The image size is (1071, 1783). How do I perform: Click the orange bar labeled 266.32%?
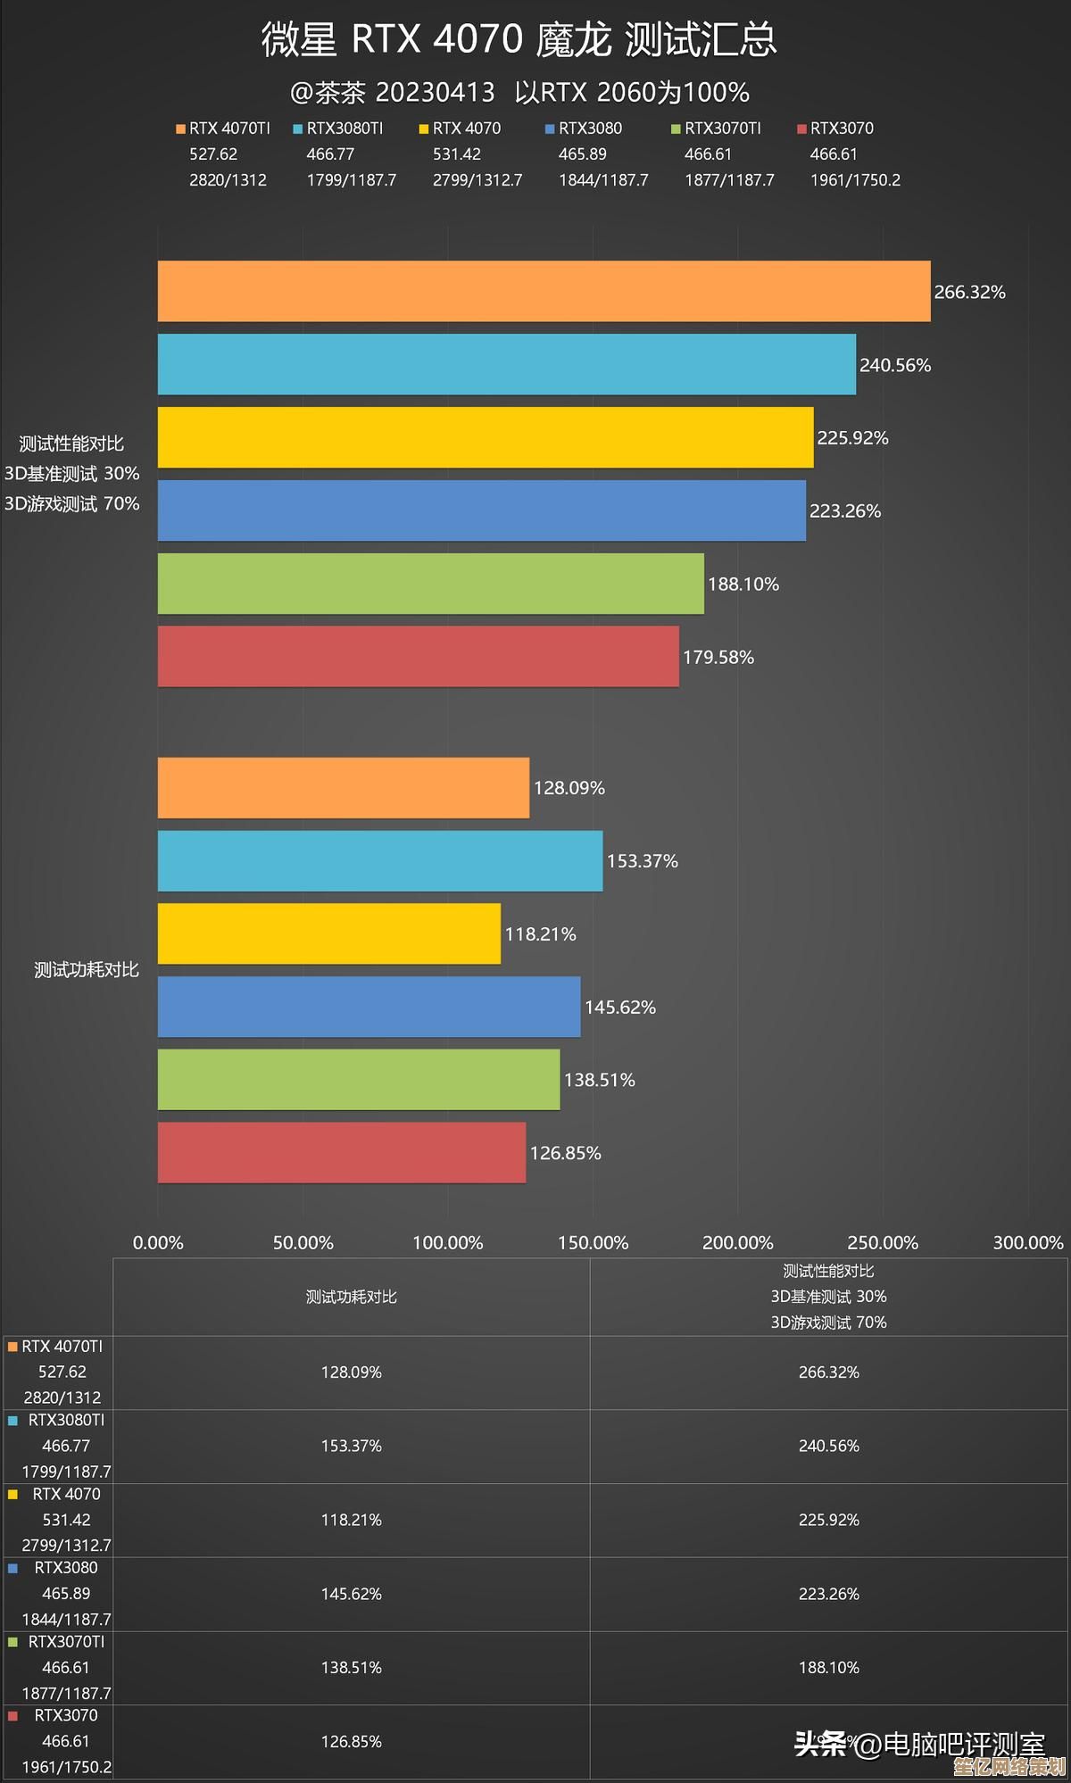[x=544, y=291]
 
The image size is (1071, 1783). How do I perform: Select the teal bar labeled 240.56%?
[x=506, y=364]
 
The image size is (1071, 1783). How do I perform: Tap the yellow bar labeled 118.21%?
[x=328, y=933]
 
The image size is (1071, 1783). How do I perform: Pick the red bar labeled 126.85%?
[x=341, y=1152]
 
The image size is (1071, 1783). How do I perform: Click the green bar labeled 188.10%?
[x=430, y=584]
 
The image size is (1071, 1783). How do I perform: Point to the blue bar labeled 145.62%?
[x=369, y=1007]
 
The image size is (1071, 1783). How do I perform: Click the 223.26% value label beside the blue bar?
[x=844, y=511]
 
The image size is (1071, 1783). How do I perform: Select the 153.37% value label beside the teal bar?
[x=642, y=861]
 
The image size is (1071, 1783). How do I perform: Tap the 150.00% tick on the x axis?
[x=593, y=1242]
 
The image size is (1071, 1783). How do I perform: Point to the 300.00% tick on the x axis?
[x=1027, y=1242]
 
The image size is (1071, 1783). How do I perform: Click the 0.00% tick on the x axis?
[x=158, y=1242]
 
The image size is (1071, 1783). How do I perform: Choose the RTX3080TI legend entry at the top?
[x=345, y=129]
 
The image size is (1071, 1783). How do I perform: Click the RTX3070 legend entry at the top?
[x=842, y=129]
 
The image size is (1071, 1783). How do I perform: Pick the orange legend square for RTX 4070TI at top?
[x=181, y=129]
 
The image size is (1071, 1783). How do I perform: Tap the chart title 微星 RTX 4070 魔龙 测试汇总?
[x=519, y=39]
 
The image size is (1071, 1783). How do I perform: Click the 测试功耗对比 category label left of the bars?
[x=86, y=970]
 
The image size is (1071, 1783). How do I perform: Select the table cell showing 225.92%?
[x=828, y=1520]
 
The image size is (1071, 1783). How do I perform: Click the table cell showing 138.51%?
[x=351, y=1667]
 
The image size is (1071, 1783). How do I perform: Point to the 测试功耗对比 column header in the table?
[x=351, y=1297]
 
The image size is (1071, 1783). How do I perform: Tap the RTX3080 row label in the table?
[x=66, y=1568]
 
